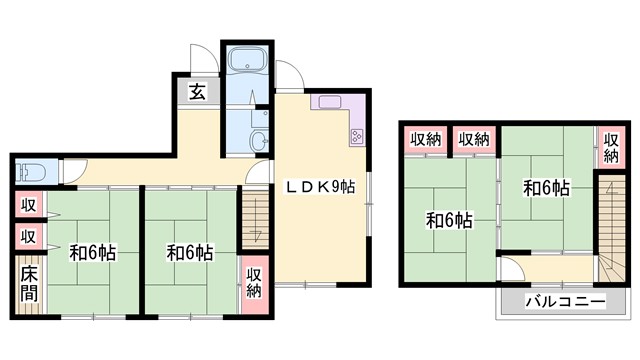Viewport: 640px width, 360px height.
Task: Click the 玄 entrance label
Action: (197, 92)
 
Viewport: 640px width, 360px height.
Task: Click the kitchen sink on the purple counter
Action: (330, 101)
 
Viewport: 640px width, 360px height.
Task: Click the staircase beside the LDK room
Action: (252, 218)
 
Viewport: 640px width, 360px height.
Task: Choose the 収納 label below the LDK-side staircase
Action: (253, 282)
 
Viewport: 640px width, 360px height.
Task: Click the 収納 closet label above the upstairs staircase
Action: (610, 148)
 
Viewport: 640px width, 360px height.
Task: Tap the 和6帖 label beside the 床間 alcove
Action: (92, 253)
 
